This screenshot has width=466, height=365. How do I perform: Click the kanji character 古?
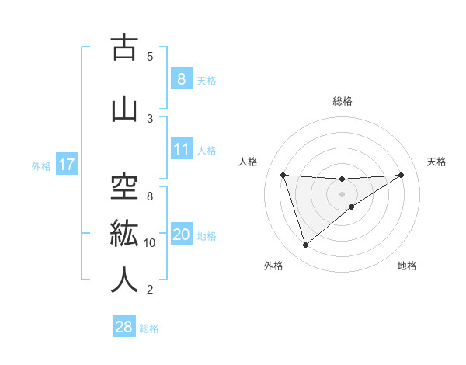point(124,47)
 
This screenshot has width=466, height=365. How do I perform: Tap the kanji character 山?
point(124,109)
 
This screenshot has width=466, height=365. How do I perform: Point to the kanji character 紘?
point(124,234)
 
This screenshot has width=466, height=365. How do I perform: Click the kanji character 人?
point(124,281)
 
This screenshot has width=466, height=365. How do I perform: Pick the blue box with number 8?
point(181,79)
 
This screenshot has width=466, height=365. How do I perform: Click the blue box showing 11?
point(182,150)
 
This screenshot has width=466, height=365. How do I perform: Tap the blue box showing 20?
point(182,235)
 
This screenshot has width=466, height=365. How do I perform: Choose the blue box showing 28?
point(123,327)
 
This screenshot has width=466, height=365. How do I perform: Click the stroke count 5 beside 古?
point(150,57)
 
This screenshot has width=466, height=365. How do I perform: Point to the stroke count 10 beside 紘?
point(150,243)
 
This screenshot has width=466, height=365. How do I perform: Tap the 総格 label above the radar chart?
point(343,101)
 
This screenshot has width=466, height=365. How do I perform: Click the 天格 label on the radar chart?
point(437,162)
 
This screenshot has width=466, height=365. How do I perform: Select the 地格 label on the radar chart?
point(407,266)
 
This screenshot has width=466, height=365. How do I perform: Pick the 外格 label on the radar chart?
point(273,266)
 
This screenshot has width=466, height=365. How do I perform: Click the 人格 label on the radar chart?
point(248,162)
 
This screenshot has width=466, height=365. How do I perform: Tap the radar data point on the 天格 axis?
point(401,175)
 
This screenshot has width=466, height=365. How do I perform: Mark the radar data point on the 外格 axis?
point(305,245)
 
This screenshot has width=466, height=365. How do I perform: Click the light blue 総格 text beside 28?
point(149,328)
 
